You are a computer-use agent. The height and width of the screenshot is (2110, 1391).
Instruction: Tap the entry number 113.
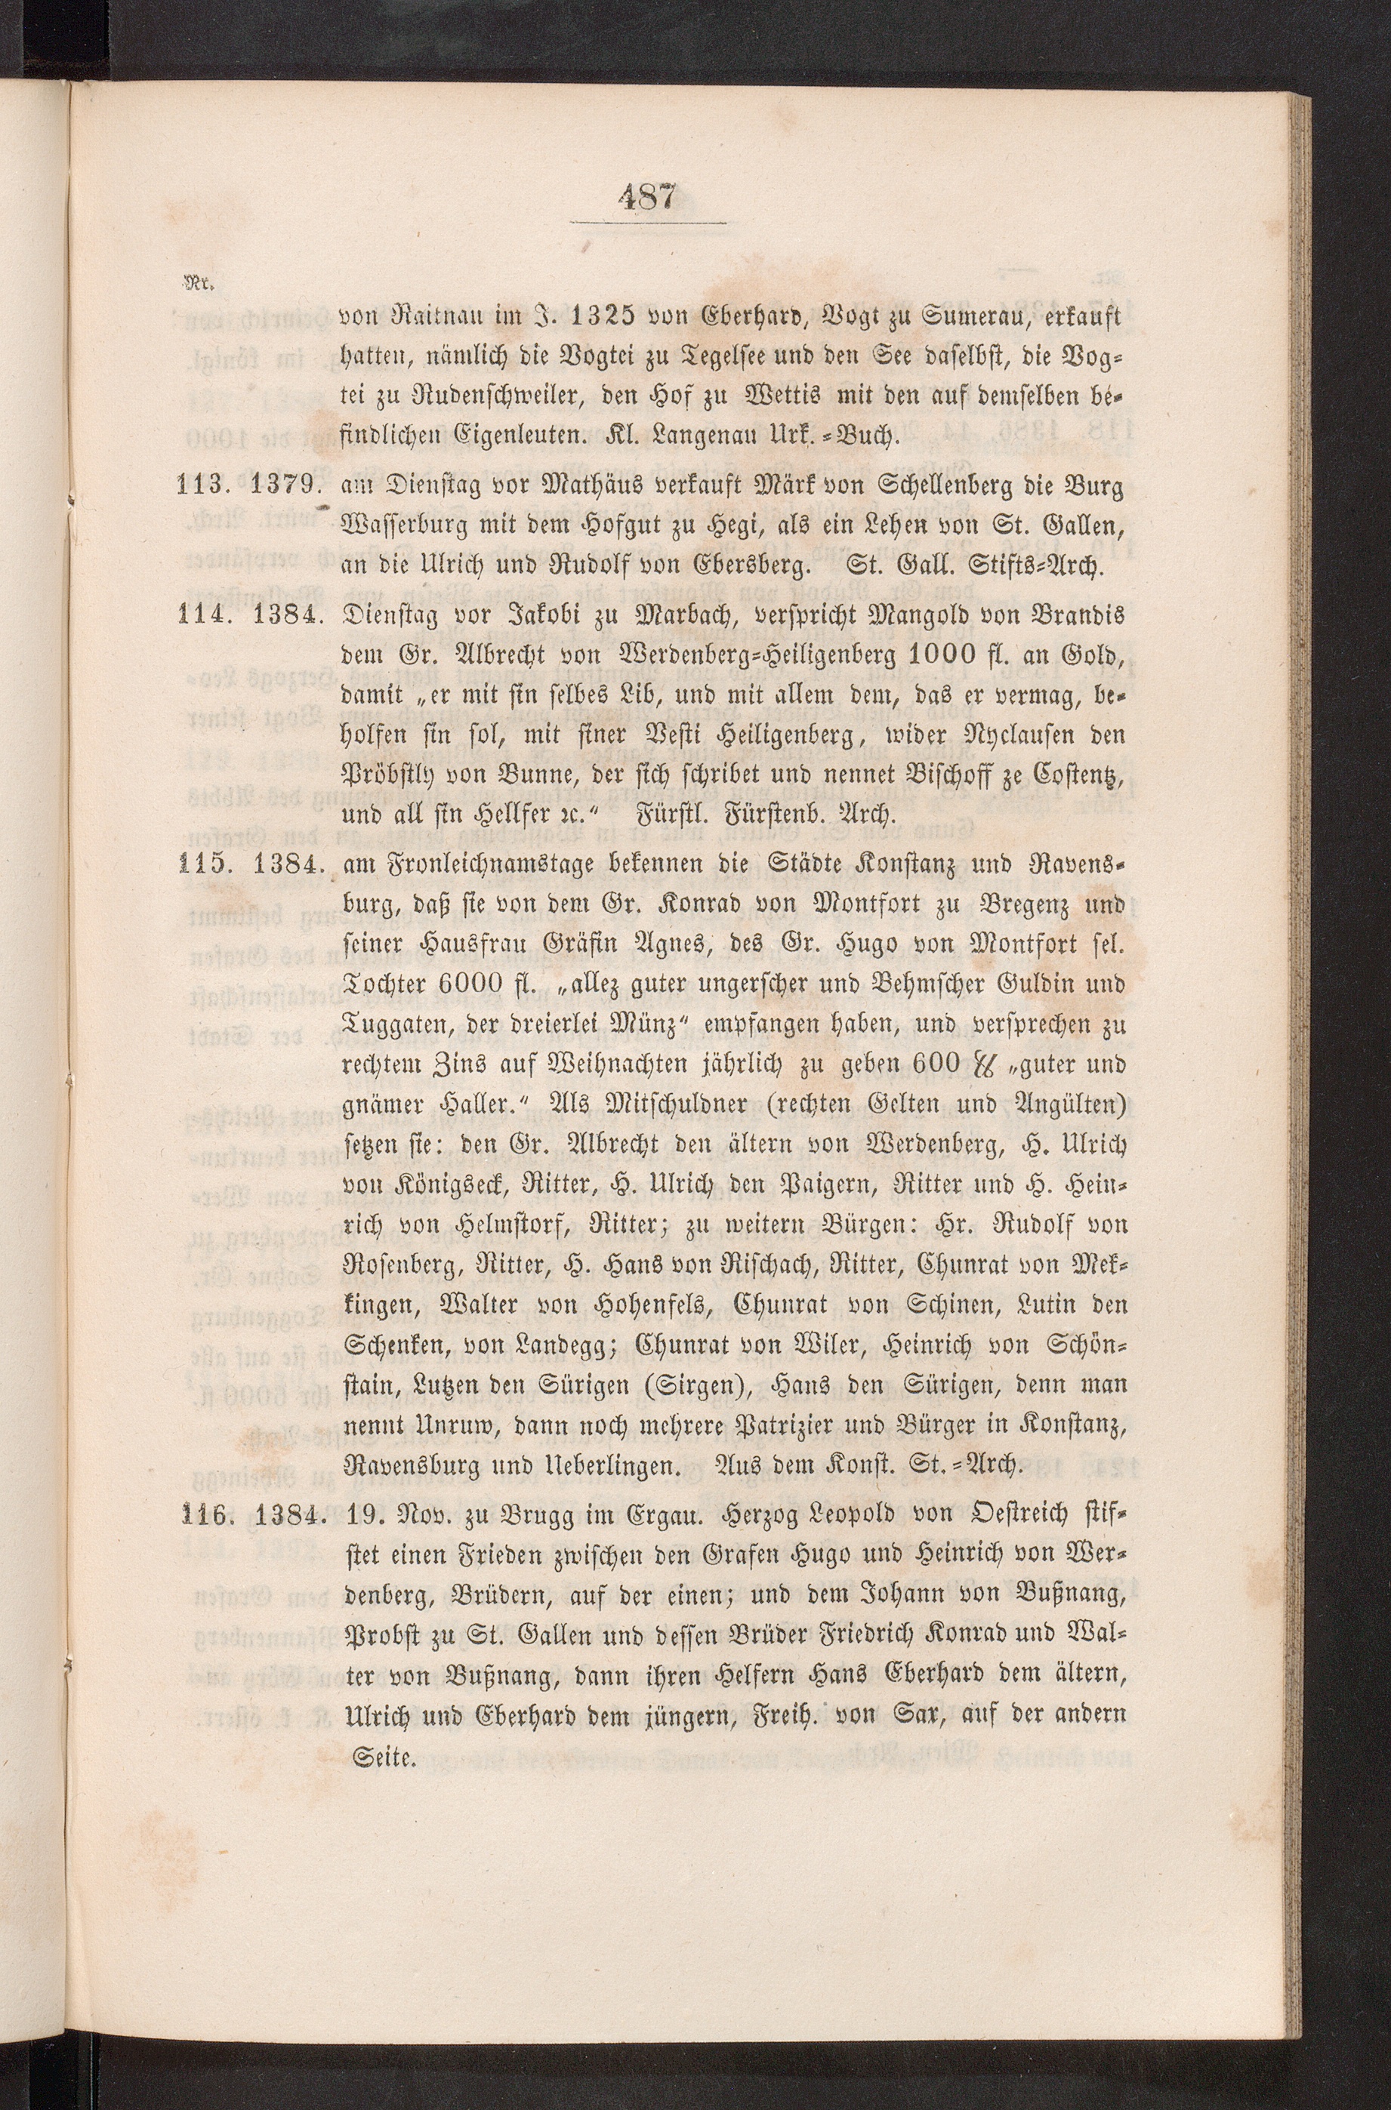207,487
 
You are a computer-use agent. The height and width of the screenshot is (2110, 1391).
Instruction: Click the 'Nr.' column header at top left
193,285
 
